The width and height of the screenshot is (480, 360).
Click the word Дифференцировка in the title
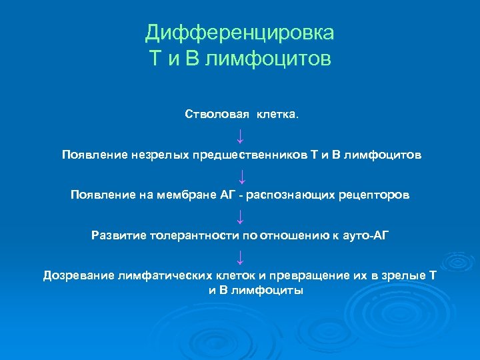(x=240, y=33)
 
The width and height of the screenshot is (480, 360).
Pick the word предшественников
(x=250, y=155)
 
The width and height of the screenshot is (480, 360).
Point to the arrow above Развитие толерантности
(x=240, y=216)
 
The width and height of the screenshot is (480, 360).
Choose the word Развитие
(x=119, y=235)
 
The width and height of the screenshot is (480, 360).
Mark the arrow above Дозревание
(x=240, y=257)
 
